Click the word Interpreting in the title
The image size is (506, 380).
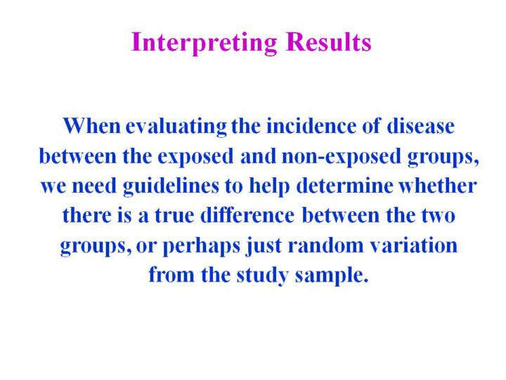pyautogui.click(x=204, y=43)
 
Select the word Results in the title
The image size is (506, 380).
pyautogui.click(x=328, y=42)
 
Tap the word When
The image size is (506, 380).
pyautogui.click(x=91, y=126)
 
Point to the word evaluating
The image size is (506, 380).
pyautogui.click(x=176, y=127)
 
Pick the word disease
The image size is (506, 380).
pyautogui.click(x=420, y=126)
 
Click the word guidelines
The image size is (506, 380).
pyautogui.click(x=171, y=186)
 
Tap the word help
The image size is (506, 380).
pyautogui.click(x=269, y=186)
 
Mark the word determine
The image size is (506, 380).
pyautogui.click(x=344, y=186)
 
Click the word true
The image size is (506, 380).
pyautogui.click(x=174, y=215)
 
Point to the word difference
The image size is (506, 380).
pyautogui.click(x=247, y=215)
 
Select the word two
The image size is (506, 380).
pyautogui.click(x=439, y=216)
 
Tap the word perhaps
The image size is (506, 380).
pyautogui.click(x=202, y=246)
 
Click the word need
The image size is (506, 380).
pyautogui.click(x=94, y=186)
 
